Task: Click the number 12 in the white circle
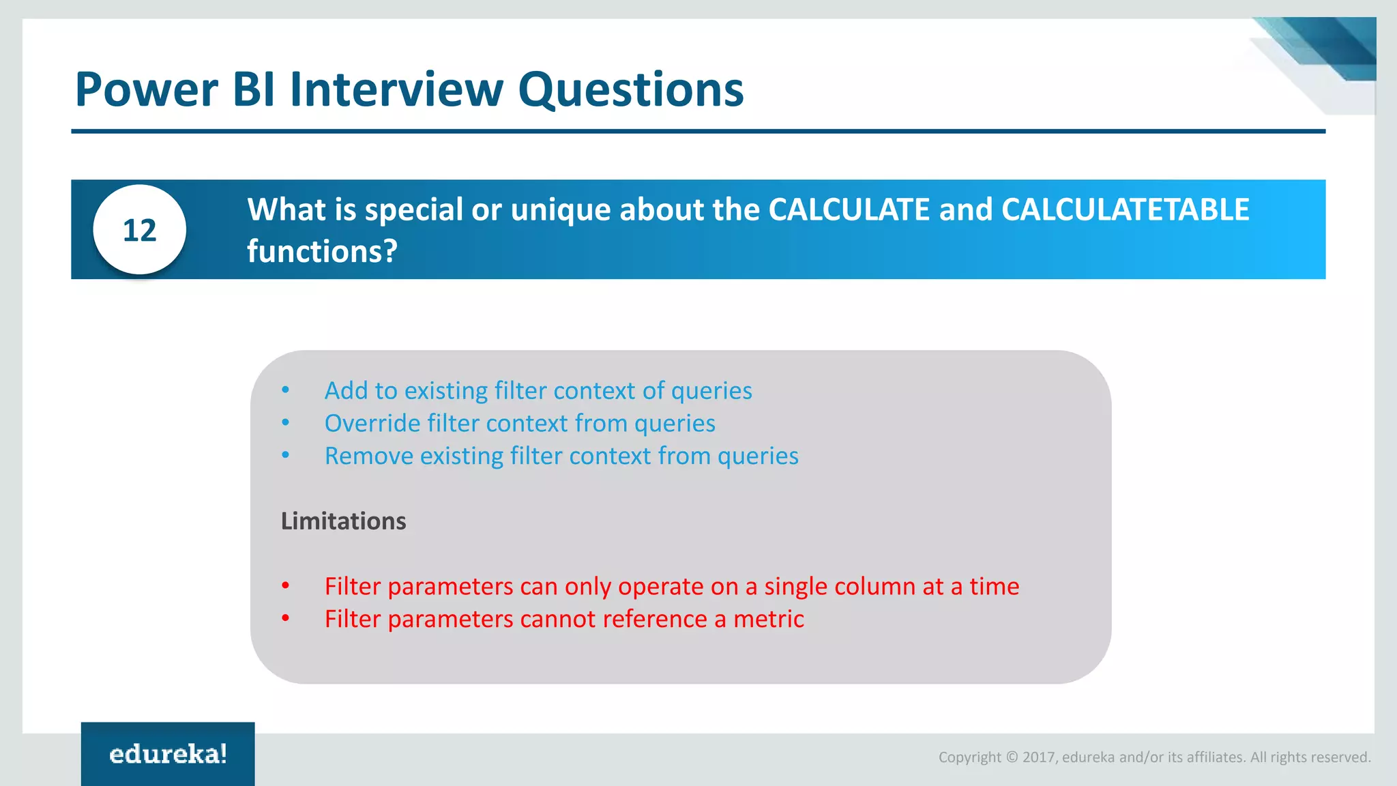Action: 139,231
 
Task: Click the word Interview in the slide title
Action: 396,89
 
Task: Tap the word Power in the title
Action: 147,89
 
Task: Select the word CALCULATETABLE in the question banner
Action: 1125,209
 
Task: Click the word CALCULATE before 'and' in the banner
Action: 849,209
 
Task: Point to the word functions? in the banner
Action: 322,252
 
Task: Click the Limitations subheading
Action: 343,521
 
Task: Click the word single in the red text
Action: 795,587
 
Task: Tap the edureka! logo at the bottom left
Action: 168,754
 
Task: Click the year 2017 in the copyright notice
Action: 1038,757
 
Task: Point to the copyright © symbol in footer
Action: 1012,757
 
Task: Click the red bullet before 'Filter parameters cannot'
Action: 286,619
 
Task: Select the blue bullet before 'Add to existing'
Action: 286,390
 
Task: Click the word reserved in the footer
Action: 1344,757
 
